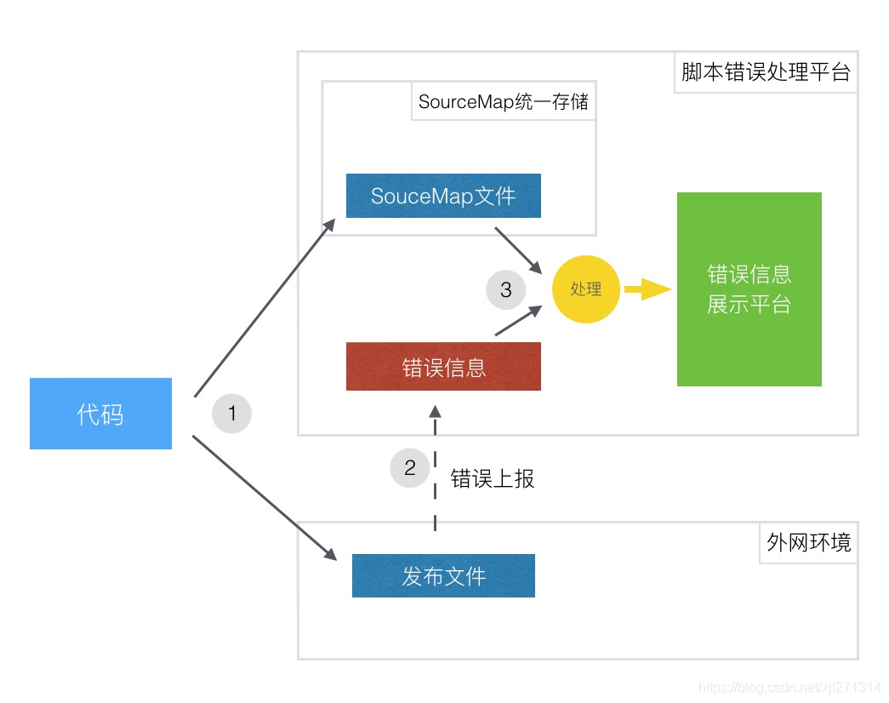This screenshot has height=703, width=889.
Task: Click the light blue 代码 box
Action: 100,414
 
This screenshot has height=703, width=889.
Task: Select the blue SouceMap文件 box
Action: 443,196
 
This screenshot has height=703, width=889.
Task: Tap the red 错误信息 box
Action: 443,367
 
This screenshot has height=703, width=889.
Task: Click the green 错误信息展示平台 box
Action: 749,289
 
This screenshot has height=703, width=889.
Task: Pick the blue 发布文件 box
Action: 443,576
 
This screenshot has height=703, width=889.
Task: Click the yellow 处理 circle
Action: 586,289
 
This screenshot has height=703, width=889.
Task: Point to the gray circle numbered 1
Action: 231,414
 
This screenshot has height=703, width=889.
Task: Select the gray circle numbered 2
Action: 410,467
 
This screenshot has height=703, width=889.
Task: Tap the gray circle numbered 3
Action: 506,290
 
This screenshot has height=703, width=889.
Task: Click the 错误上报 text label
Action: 493,478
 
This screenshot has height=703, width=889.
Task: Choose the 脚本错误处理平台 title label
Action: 766,71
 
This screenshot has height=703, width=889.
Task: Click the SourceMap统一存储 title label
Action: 504,103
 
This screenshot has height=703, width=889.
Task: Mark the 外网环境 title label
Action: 808,542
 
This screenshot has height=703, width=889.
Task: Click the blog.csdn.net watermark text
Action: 789,687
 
